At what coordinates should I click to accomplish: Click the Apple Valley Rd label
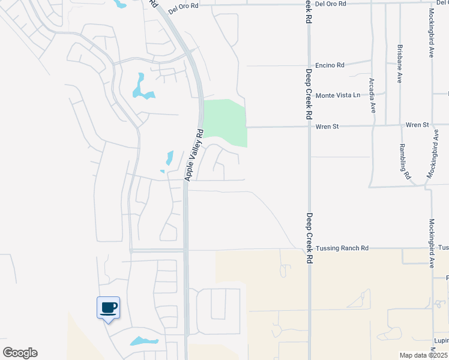pyautogui.click(x=194, y=155)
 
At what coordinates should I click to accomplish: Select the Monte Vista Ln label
pyautogui.click(x=339, y=95)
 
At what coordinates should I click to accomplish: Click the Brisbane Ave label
pyautogui.click(x=399, y=64)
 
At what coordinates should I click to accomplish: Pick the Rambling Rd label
pyautogui.click(x=405, y=162)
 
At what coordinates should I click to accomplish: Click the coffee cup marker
pyautogui.click(x=108, y=308)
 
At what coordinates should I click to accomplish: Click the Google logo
pyautogui.click(x=20, y=353)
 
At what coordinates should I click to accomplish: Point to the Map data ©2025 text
pyautogui.click(x=423, y=355)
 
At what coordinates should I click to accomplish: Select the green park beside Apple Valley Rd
pyautogui.click(x=225, y=122)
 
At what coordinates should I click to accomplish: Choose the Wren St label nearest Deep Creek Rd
pyautogui.click(x=328, y=126)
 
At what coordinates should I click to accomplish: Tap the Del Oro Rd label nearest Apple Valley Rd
pyautogui.click(x=182, y=8)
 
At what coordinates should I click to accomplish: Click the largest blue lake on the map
pyautogui.click(x=143, y=88)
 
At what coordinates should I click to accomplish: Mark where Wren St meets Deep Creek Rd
pyautogui.click(x=309, y=127)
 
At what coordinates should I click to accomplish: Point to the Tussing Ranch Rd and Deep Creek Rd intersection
pyautogui.click(x=309, y=248)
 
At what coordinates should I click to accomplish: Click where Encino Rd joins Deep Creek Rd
pyautogui.click(x=309, y=65)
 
